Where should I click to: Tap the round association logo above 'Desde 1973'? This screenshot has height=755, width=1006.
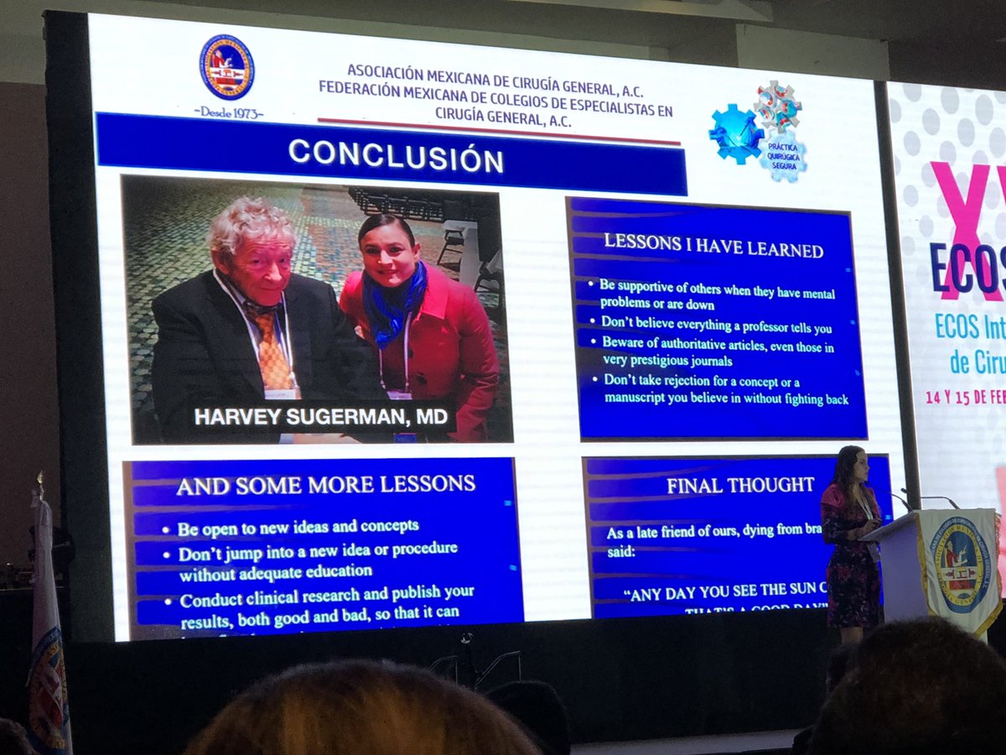tap(226, 67)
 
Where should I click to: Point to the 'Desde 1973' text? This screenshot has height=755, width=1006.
tap(229, 112)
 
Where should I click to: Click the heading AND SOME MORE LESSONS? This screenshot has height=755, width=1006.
tap(325, 484)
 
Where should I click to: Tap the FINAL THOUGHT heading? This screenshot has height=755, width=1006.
tap(740, 485)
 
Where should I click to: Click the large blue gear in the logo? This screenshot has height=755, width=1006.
tap(734, 132)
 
